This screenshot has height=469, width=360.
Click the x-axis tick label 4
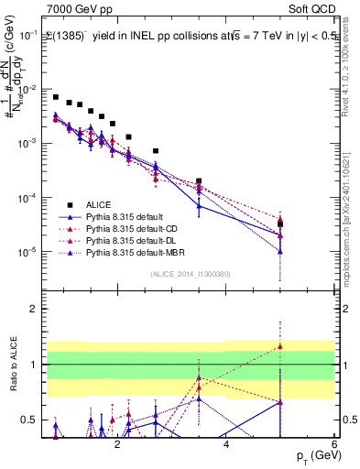click(x=226, y=443)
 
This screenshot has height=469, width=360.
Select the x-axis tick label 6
click(x=334, y=443)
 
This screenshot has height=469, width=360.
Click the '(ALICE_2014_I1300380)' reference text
click(x=190, y=272)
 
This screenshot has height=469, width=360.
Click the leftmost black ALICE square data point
click(x=56, y=97)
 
